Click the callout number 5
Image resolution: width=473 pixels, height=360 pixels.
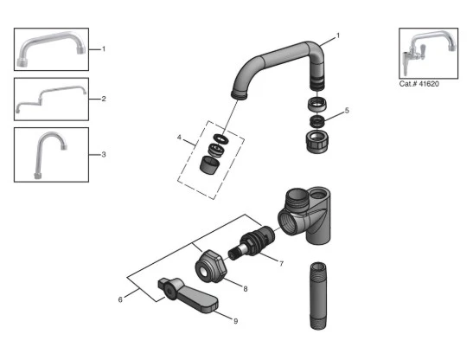tap(347, 111)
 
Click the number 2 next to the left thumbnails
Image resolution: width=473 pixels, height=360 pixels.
tap(104, 99)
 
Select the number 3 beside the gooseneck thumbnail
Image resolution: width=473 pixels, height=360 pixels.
tap(104, 155)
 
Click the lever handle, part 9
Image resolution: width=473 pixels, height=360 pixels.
tap(187, 292)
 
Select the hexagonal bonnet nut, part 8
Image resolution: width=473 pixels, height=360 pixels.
tap(208, 264)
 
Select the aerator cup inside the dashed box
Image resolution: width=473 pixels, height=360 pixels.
tap(210, 164)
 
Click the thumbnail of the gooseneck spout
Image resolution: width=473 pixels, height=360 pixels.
tap(51, 155)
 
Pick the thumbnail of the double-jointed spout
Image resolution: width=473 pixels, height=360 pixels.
tap(51, 99)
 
